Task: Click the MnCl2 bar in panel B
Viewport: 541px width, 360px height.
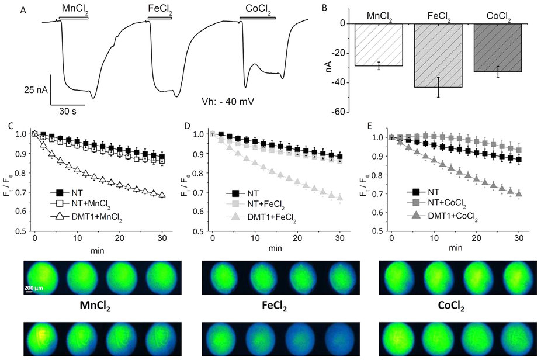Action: pyautogui.click(x=379, y=45)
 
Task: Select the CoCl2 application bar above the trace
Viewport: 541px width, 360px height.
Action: pyautogui.click(x=257, y=18)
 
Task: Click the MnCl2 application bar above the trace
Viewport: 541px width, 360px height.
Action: pyautogui.click(x=73, y=18)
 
